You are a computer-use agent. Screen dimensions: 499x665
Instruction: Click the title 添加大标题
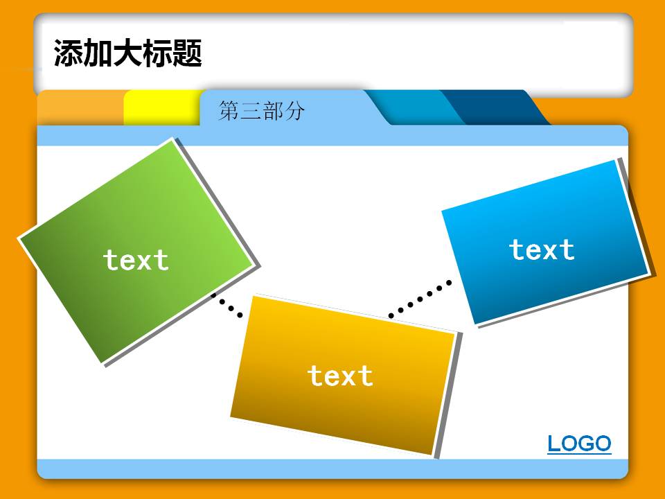point(127,53)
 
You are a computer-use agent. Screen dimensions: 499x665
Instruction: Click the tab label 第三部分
point(261,111)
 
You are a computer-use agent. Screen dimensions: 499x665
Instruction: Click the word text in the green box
point(136,261)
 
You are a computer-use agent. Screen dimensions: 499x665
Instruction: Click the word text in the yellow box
point(340,376)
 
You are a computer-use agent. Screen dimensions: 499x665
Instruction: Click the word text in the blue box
point(542,250)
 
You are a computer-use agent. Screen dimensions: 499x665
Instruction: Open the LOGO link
point(579,444)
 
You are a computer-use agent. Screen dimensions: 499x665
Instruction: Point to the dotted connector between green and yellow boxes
point(227,306)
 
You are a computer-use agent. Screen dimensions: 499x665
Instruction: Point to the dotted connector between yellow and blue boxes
point(420,298)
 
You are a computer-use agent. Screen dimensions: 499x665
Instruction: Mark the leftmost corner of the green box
point(19,238)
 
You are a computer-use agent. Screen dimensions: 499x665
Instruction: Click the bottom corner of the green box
point(104,362)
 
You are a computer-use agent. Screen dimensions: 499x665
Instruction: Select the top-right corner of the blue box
point(616,161)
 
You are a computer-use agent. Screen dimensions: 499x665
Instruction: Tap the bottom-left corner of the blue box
point(476,323)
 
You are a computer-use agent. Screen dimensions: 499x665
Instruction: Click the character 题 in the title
point(186,53)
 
